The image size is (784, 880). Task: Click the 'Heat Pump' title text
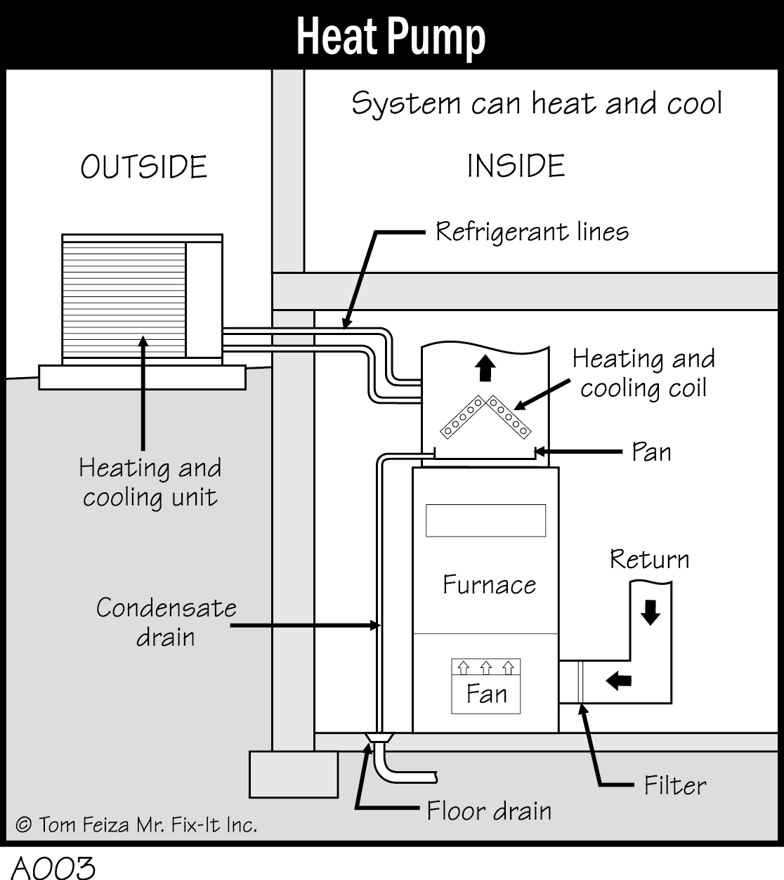(391, 37)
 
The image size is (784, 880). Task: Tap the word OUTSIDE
(143, 167)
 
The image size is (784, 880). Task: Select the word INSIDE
(516, 166)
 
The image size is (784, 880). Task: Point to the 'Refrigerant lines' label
(532, 231)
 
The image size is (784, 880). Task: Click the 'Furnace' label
(489, 584)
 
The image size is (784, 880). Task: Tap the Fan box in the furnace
(486, 686)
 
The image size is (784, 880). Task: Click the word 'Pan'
(651, 452)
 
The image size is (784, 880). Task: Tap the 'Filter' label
(674, 785)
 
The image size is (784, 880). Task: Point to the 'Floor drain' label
(489, 811)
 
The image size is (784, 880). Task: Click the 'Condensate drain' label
(166, 622)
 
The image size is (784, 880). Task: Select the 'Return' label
(649, 559)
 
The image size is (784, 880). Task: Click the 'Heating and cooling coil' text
(643, 373)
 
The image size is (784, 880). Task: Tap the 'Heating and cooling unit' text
(150, 482)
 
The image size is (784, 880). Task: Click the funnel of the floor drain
(378, 738)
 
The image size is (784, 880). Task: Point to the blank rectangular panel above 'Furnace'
(485, 520)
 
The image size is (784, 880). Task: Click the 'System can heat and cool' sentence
(537, 104)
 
